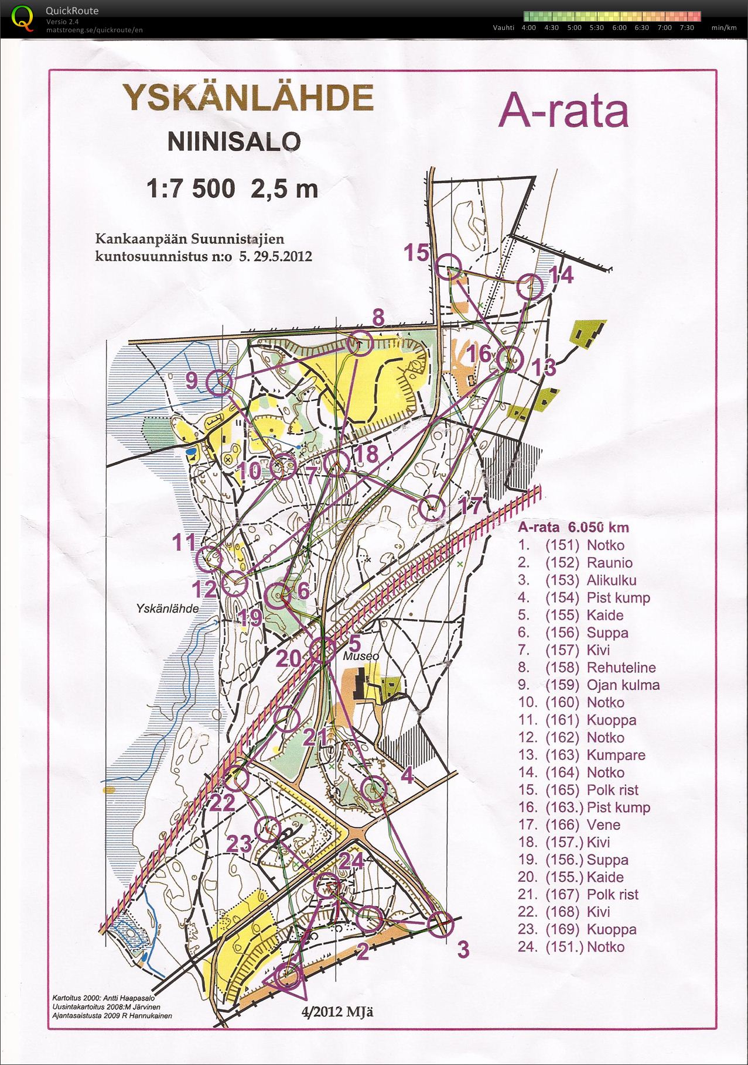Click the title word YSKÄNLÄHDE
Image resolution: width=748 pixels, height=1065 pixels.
point(247,98)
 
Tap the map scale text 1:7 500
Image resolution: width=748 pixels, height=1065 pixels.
point(190,188)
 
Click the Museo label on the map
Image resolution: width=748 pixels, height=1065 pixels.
point(361,657)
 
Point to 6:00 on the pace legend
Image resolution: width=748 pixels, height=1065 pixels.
point(619,28)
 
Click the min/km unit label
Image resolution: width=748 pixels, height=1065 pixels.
point(723,28)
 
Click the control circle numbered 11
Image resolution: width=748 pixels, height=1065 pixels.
point(209,559)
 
